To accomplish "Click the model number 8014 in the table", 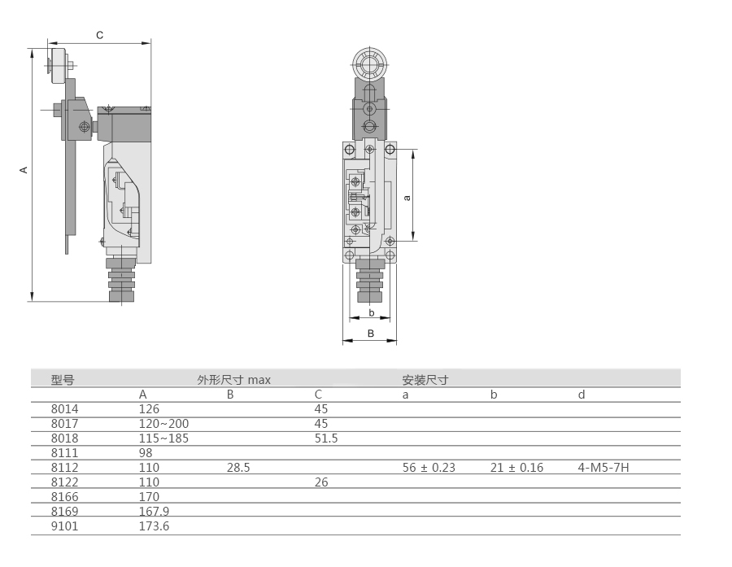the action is (64, 409).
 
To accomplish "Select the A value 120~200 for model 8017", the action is (163, 424).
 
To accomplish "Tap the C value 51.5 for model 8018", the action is (326, 438).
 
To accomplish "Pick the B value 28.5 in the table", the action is (238, 468).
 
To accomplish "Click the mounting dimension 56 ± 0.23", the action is (429, 468).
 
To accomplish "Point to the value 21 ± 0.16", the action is (516, 468).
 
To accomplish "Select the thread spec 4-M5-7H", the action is (603, 468).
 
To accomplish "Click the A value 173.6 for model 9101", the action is (154, 526).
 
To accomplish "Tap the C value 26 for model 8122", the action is (321, 482).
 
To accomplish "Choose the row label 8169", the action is (64, 512).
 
